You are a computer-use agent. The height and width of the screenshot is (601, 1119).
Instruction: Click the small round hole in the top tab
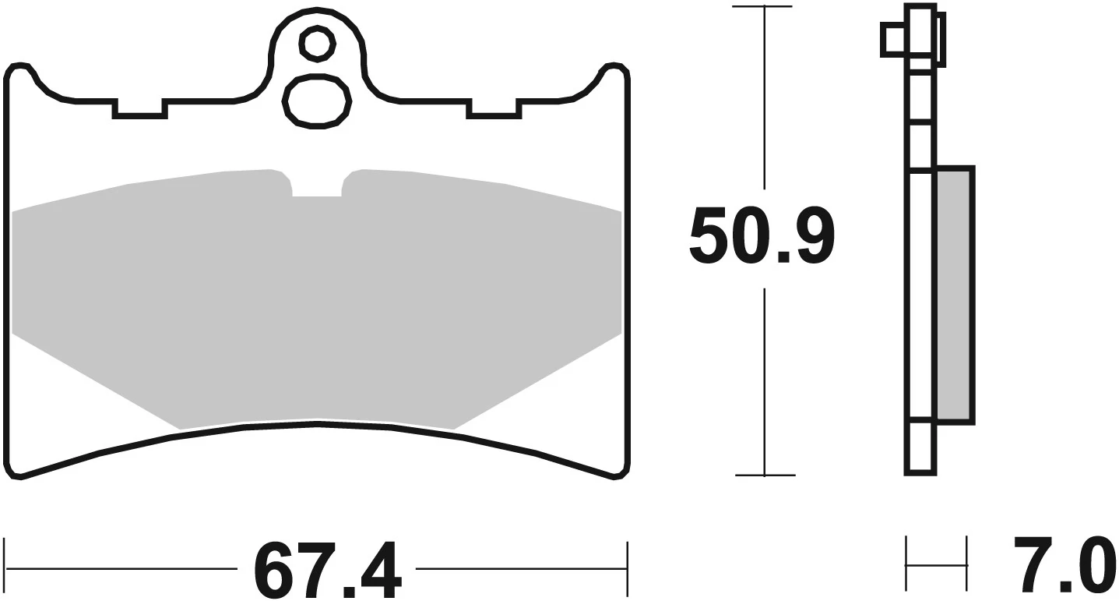tap(317, 44)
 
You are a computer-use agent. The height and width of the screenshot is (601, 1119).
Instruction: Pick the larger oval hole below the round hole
tap(316, 101)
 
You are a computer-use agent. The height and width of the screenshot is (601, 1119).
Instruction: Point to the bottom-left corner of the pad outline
tap(20, 472)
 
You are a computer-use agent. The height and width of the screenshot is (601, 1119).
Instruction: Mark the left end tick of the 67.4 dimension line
tap(6, 567)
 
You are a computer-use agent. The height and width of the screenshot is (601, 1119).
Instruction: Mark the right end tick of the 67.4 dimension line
tap(627, 567)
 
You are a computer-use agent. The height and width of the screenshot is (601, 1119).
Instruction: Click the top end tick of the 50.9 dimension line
tap(765, 7)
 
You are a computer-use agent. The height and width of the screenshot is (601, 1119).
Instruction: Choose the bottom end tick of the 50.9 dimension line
tap(765, 475)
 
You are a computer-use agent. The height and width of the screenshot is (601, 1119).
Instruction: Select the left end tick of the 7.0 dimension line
tap(906, 563)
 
